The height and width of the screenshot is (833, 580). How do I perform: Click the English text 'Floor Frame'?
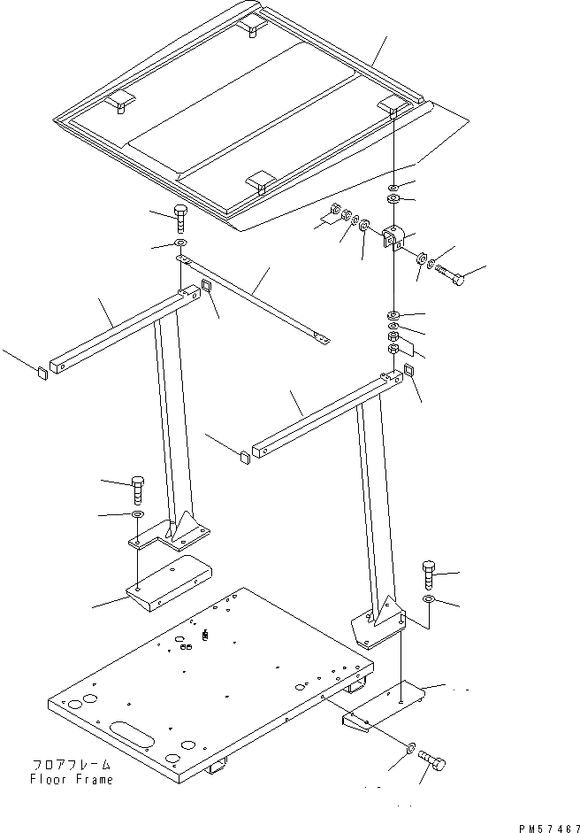tap(72, 780)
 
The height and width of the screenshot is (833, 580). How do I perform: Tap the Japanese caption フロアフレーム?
tap(72, 766)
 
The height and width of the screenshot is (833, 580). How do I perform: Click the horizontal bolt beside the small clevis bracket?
tap(450, 274)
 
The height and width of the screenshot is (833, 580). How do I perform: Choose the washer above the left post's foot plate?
tap(139, 514)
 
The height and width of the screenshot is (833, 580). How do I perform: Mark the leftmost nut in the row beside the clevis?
tap(336, 212)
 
